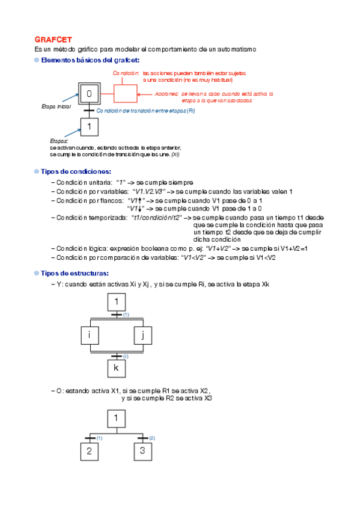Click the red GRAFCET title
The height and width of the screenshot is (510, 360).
click(53, 38)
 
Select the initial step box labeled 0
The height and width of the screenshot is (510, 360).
click(89, 94)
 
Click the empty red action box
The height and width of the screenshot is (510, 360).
click(125, 94)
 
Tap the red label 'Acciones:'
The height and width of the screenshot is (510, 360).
click(166, 94)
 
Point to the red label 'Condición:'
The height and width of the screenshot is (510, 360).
click(126, 73)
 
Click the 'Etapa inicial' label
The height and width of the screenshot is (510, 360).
click(55, 106)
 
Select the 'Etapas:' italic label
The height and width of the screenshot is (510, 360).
click(59, 140)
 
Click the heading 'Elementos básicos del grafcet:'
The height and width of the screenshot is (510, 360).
click(90, 60)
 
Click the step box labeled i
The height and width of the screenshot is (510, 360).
click(89, 336)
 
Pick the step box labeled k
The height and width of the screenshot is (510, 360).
click(117, 367)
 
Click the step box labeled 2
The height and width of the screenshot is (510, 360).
click(89, 450)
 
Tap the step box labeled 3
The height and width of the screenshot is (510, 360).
click(142, 450)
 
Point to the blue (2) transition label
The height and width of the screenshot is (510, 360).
click(152, 438)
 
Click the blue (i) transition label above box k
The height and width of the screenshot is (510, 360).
click(126, 356)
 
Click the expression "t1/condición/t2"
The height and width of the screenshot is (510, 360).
click(156, 218)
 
